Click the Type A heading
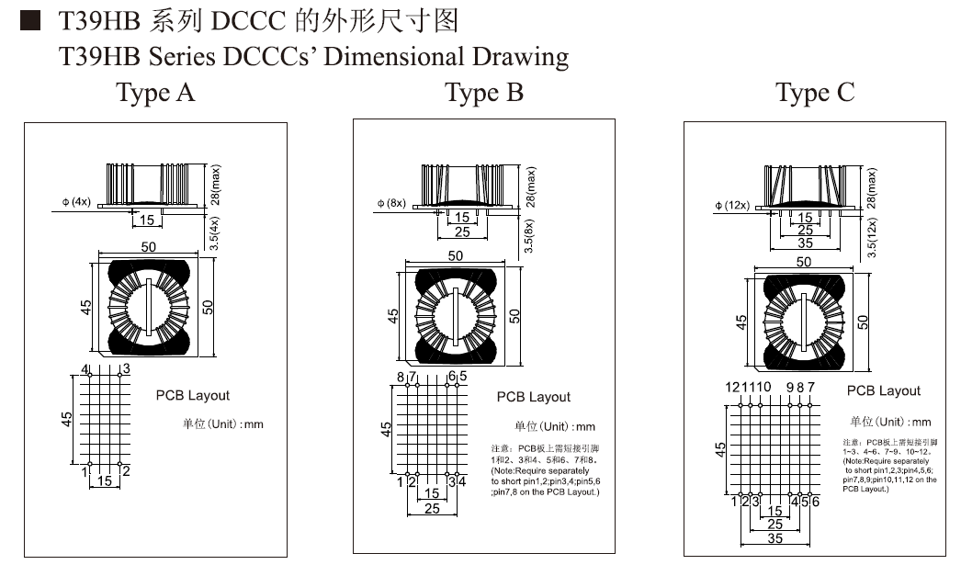(x=155, y=93)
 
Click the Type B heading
(x=484, y=93)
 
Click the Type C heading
(x=814, y=93)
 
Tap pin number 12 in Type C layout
(x=732, y=387)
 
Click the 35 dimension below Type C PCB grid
(x=774, y=538)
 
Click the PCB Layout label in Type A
(x=193, y=395)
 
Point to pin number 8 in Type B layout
(x=401, y=377)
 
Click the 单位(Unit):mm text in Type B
(x=554, y=426)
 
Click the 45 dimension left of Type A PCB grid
(x=66, y=419)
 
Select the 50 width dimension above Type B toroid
(x=456, y=256)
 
